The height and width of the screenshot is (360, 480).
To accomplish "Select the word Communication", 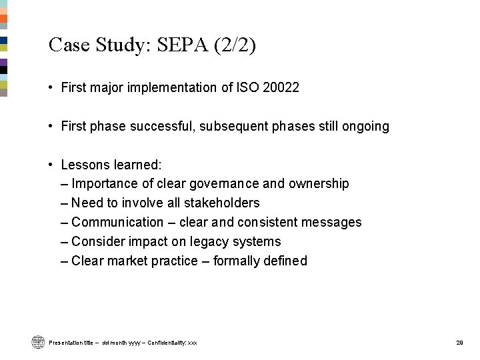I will (x=117, y=222).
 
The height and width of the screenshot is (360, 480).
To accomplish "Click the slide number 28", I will (x=459, y=343).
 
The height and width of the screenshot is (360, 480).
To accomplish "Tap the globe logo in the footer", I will (x=37, y=342).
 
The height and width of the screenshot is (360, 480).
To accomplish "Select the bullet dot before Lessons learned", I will (x=51, y=164).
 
